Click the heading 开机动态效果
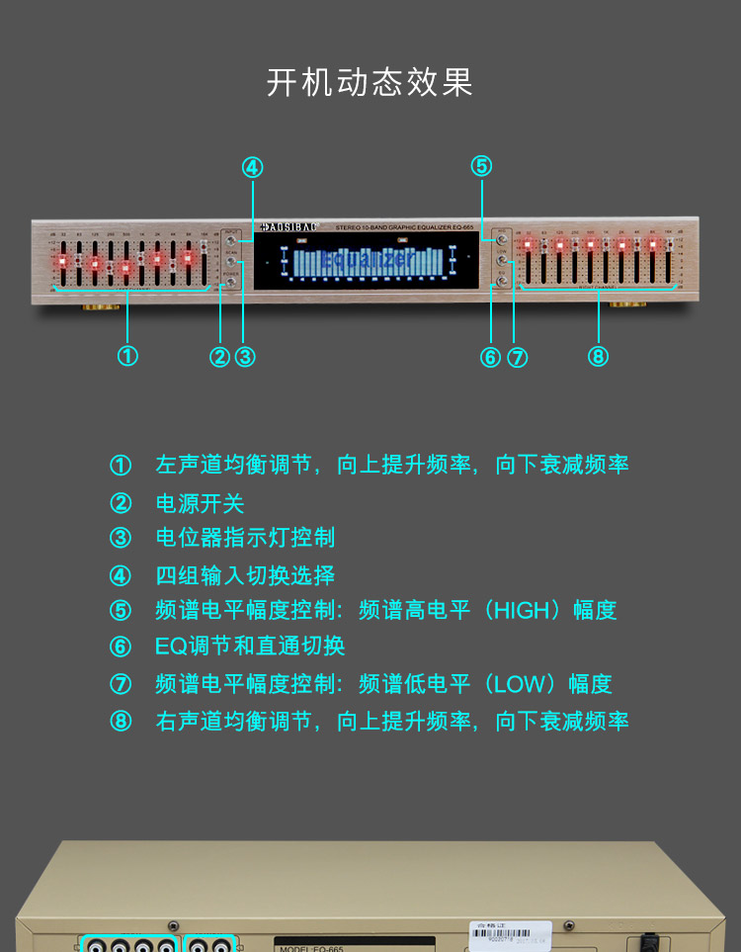coord(370,82)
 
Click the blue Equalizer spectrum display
coord(368,261)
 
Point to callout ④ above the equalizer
coord(253,167)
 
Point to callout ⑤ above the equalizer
coord(481,166)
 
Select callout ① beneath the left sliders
coord(127,356)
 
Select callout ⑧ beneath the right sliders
coord(598,356)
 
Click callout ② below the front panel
coord(220,357)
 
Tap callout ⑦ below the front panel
coord(517,357)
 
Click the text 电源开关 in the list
coord(200,503)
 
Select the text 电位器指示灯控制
coord(245,538)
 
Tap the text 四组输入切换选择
coord(245,575)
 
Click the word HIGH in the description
coord(520,611)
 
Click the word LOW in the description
coord(518,684)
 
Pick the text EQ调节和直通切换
coord(250,647)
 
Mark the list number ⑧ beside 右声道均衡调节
coord(121,721)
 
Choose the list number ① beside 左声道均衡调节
coord(121,465)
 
